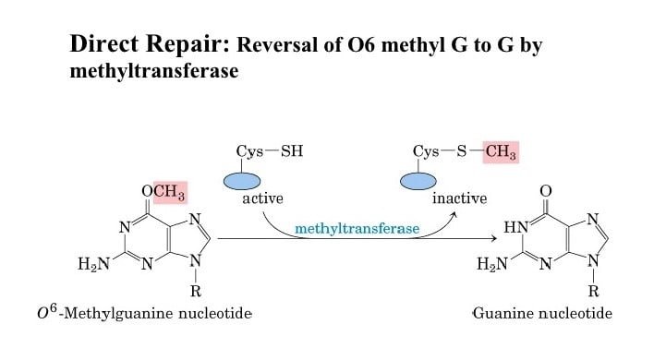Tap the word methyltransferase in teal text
point(357,229)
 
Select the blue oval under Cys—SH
point(242,181)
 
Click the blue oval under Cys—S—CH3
point(418,181)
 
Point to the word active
point(262,198)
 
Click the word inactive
point(460,198)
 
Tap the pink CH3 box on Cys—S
point(501,151)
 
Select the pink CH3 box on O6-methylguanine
point(170,192)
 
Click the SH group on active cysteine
point(292,150)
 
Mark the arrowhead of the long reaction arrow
point(494,238)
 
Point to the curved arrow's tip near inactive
point(454,214)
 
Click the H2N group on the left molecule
point(94,264)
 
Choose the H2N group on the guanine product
point(492,264)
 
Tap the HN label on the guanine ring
point(516,227)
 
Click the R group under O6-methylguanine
point(196,292)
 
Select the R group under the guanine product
point(594,291)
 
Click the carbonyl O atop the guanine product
point(546,191)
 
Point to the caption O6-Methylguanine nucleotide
point(144,313)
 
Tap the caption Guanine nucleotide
point(542,313)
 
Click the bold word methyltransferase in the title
point(154,71)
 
